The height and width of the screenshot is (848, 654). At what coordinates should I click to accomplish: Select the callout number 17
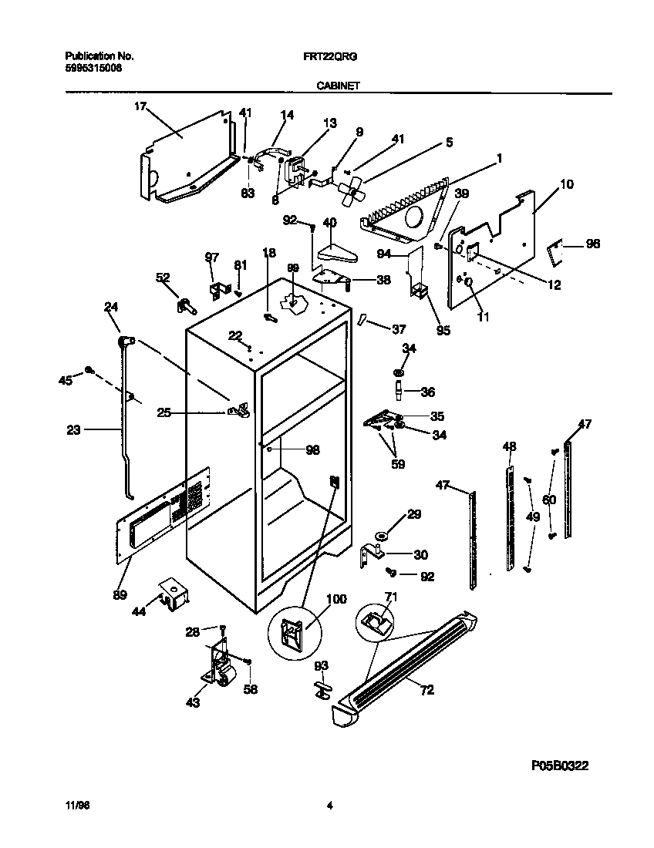(140, 107)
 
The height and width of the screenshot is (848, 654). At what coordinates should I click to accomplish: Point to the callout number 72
(426, 690)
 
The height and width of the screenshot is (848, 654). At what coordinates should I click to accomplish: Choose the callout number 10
(567, 184)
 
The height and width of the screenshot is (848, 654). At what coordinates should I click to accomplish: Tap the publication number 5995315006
(93, 68)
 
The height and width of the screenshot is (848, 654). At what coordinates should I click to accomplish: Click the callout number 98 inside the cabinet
(312, 450)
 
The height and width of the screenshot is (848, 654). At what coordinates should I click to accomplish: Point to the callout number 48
(509, 446)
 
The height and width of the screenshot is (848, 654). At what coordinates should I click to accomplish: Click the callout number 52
(163, 278)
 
